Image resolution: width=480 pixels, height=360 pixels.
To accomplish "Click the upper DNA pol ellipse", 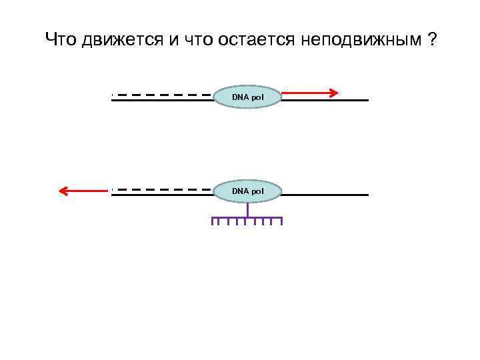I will click(248, 97).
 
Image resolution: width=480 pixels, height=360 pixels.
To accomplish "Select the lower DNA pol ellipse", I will click(248, 192).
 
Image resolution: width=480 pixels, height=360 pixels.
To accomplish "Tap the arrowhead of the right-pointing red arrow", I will click(336, 92).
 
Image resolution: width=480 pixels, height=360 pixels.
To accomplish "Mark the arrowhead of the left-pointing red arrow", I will click(63, 191).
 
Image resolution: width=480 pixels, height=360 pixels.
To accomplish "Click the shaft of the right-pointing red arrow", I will click(307, 92).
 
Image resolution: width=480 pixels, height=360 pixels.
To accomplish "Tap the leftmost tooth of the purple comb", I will click(213, 221).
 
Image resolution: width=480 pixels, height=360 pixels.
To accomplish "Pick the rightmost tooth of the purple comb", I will click(281, 221).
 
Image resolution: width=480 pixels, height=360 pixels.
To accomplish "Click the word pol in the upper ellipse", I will click(257, 97).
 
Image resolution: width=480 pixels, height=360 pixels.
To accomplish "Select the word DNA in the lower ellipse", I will click(239, 192).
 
